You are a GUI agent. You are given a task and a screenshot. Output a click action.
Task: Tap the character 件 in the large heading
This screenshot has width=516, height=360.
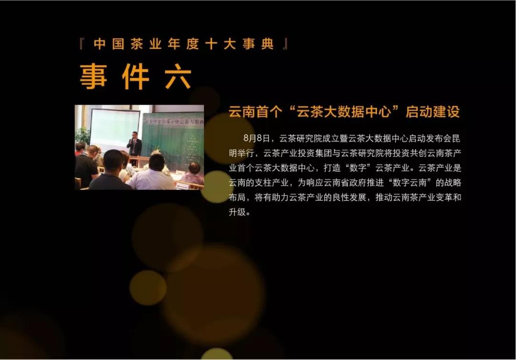click(x=136, y=76)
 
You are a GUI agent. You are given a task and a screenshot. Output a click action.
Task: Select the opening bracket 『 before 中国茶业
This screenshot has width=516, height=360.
click(x=82, y=44)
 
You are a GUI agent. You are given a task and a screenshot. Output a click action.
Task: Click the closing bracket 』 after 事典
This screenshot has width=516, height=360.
click(x=286, y=44)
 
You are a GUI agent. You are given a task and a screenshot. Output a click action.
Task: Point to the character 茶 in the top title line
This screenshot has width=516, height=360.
click(x=137, y=44)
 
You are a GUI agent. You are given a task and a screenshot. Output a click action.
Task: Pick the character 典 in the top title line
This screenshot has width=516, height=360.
click(x=268, y=44)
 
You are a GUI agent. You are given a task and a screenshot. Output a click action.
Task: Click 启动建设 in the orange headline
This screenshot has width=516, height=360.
click(x=432, y=112)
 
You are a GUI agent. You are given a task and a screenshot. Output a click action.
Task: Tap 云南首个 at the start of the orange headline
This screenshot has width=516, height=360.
click(x=256, y=112)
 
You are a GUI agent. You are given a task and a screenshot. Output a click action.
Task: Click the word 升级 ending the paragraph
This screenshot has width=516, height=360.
click(x=237, y=212)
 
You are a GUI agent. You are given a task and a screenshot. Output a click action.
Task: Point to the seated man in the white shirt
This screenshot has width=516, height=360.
click(x=152, y=173)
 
